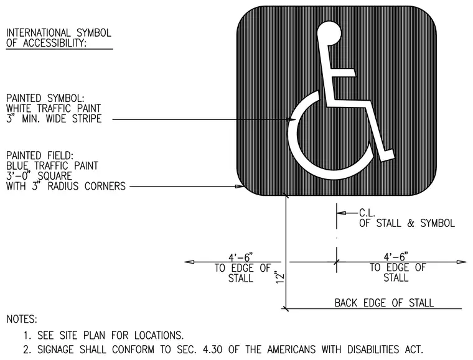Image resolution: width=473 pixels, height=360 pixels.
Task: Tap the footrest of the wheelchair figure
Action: (x=387, y=155)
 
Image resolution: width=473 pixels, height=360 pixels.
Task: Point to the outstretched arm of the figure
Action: (x=343, y=73)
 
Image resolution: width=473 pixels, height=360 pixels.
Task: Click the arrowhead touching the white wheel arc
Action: (x=291, y=119)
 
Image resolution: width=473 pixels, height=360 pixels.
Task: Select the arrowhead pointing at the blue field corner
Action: (x=240, y=187)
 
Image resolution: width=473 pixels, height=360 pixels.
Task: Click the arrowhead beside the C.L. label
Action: (x=342, y=213)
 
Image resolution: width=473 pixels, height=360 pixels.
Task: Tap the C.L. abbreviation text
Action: (x=367, y=213)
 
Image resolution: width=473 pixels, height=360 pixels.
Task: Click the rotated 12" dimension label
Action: (x=280, y=277)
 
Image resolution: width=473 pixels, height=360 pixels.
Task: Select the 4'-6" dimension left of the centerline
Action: (x=240, y=257)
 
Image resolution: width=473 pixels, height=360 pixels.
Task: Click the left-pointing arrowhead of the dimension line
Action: (x=189, y=262)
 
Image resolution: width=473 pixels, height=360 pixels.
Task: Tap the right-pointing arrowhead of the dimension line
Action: (x=462, y=262)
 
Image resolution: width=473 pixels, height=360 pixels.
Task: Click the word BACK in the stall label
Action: (x=345, y=303)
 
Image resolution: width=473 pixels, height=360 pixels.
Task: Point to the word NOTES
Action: (x=22, y=319)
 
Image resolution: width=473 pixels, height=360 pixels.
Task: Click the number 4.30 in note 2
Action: (x=212, y=349)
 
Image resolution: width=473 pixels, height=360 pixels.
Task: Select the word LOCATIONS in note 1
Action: (x=159, y=335)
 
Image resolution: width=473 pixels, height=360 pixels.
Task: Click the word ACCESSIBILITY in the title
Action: (x=55, y=43)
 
